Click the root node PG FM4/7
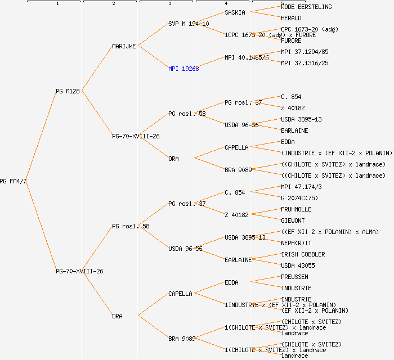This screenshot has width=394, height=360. [x=13, y=181]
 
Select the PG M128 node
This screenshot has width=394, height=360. [x=68, y=91]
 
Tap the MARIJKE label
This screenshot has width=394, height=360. [x=124, y=46]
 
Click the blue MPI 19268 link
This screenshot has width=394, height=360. [x=183, y=69]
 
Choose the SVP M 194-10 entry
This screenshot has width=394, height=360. [x=189, y=24]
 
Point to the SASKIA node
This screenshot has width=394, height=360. [x=235, y=12]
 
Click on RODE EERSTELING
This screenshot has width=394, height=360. [x=306, y=7]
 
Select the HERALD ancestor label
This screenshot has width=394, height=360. [x=292, y=18]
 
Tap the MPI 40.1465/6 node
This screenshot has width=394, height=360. [x=247, y=57]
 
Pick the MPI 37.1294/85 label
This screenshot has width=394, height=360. [x=305, y=52]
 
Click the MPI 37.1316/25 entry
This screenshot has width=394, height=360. [x=305, y=63]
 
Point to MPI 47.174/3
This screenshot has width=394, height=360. [x=301, y=187]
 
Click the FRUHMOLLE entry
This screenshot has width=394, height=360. [x=296, y=209]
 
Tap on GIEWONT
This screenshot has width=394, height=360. [x=293, y=220]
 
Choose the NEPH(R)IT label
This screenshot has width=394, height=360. [x=296, y=243]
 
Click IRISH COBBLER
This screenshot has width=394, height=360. [x=303, y=254]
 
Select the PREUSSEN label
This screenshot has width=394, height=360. [x=294, y=277]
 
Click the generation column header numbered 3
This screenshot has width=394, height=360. [x=169, y=4]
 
